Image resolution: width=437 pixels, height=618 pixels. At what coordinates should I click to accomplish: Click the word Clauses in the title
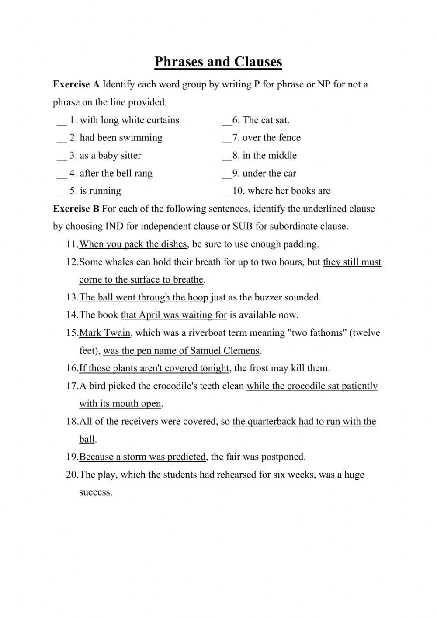pos(258,62)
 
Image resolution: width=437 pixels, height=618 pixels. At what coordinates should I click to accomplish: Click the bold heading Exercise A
pos(76,84)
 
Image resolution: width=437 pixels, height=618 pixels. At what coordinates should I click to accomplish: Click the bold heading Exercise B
pos(76,209)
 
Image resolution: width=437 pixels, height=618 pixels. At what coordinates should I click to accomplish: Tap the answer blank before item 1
pos(61,122)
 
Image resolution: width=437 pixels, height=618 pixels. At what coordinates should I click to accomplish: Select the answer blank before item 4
pos(61,175)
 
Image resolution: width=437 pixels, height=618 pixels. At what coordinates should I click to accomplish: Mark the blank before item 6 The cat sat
pos(227,122)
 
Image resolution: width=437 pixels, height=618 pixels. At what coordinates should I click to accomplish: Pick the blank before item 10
pos(227,192)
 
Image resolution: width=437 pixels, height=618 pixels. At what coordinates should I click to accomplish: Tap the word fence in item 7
pos(289,138)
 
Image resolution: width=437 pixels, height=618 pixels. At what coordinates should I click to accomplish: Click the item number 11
pos(72,244)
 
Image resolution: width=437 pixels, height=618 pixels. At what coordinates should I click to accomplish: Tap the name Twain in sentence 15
pos(117,333)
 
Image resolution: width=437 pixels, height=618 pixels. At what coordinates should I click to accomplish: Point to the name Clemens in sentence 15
pos(241,351)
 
